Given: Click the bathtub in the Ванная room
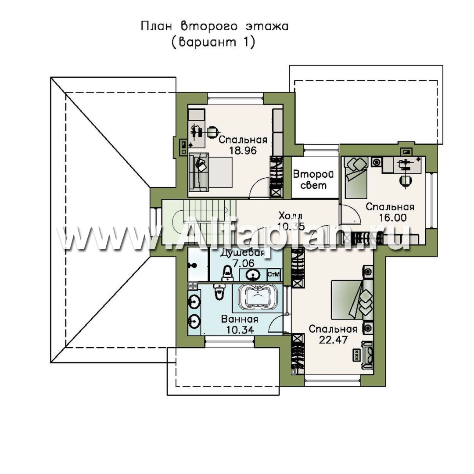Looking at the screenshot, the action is point(258,298).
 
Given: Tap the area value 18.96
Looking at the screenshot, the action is point(243,150).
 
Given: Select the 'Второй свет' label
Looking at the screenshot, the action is point(314,180).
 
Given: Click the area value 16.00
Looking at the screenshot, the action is point(393,218).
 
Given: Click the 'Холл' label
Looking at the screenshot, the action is point(290,216).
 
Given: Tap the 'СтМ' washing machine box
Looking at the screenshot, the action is point(274,275).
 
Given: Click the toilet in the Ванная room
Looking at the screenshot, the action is point(218,292).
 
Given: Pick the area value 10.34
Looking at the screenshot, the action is point(240,330).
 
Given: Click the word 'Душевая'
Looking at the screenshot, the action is point(242,253).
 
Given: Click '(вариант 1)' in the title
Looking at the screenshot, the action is point(213,42).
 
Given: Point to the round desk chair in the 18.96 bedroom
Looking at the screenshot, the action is point(213,132).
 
